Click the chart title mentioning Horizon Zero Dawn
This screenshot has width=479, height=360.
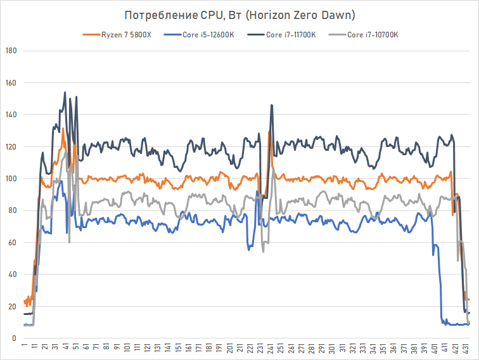(239, 15)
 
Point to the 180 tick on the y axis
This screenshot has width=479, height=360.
(10, 51)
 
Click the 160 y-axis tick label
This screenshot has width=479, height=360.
(10, 82)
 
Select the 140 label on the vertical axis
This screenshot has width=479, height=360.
(10, 115)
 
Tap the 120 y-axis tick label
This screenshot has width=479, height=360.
(10, 146)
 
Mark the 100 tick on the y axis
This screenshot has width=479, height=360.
(10, 179)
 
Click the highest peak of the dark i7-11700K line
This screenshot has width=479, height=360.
(65, 93)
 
